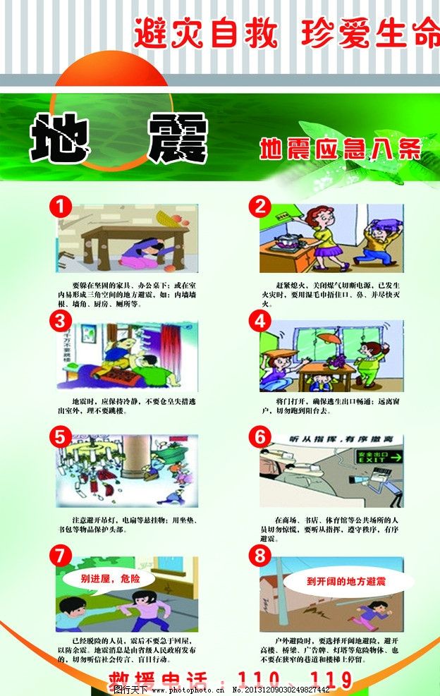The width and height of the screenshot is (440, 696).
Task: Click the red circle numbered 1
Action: point(61,207)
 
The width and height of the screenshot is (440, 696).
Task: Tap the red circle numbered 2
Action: point(261,207)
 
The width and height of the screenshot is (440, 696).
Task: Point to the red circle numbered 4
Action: point(261,322)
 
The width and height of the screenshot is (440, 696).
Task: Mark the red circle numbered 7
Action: point(61,556)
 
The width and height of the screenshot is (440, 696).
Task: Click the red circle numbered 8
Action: point(261,556)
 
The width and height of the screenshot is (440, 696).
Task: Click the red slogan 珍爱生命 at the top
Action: point(369,33)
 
